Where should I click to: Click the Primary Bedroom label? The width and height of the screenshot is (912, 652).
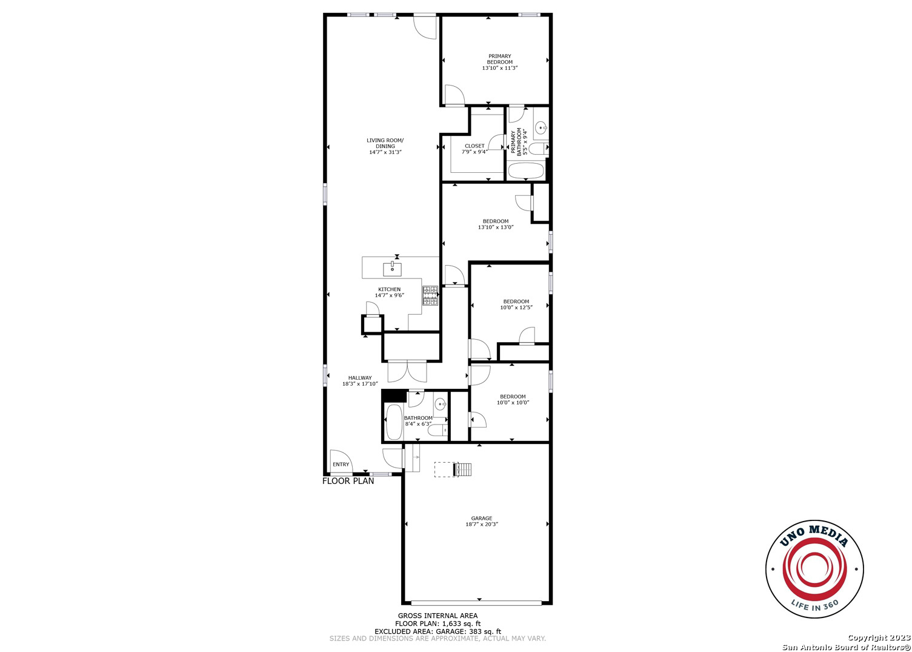tap(499, 59)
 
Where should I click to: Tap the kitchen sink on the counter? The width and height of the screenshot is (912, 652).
tap(392, 269)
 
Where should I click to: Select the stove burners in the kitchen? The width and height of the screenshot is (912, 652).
tap(430, 296)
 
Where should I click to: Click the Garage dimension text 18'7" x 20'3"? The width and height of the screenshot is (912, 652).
tap(482, 524)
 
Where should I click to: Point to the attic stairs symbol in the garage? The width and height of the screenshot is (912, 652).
tap(462, 469)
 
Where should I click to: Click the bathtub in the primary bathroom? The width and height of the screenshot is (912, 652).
tap(525, 171)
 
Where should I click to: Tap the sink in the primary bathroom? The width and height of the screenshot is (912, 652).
tap(541, 128)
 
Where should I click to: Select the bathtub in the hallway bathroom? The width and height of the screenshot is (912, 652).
tap(394, 422)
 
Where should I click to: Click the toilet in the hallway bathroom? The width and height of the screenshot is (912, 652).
tap(439, 431)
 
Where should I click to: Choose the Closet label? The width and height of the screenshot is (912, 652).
tap(474, 146)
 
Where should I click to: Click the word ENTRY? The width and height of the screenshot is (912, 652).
tap(341, 464)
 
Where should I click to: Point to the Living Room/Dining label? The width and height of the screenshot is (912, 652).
tap(385, 143)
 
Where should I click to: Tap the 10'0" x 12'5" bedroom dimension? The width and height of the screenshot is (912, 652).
tap(516, 308)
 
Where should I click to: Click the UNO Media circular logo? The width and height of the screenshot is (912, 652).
tap(814, 569)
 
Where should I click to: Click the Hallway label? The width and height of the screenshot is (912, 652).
tap(360, 378)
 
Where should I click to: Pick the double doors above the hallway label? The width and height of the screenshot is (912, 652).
tap(407, 371)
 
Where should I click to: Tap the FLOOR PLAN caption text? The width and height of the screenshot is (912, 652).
tap(348, 481)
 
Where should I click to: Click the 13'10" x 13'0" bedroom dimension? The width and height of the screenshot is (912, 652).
tap(496, 227)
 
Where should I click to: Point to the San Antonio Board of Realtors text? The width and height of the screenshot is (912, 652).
tap(846, 647)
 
